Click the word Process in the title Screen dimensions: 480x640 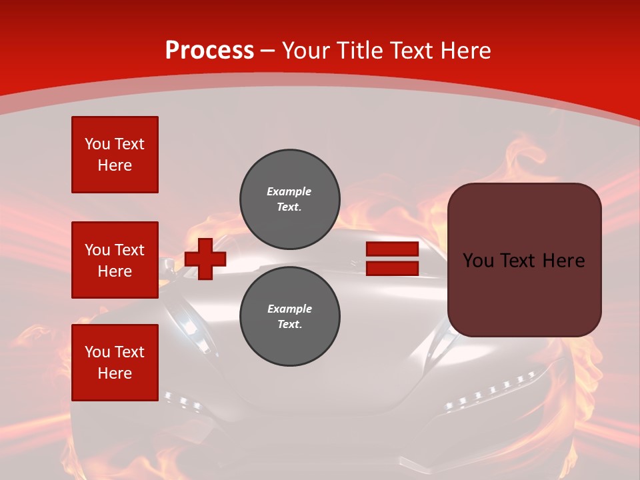209,51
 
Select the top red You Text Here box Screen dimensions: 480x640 115,155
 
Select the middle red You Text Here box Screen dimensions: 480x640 115,260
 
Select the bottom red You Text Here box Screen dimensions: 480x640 115,363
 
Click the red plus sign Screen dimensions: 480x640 205,259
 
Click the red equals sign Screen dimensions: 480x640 393,259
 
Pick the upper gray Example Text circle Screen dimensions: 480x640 290,199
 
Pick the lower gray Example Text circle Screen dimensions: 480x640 290,316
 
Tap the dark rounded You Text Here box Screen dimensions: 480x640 525,260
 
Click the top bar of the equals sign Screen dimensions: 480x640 393,249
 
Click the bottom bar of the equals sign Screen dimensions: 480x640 393,269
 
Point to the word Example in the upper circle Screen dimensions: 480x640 289,191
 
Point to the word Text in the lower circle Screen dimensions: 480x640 288,325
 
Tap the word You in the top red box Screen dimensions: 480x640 97,144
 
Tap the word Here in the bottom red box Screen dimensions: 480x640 115,373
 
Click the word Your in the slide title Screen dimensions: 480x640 306,51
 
